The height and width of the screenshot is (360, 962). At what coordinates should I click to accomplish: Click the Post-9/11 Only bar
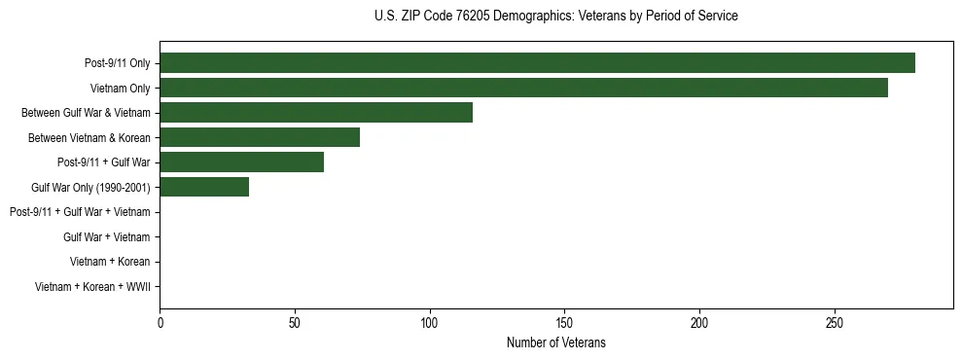pyautogui.click(x=537, y=63)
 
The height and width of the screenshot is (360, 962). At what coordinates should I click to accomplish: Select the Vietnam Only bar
pyautogui.click(x=523, y=88)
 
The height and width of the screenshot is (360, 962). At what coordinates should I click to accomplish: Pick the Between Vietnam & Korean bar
pyautogui.click(x=260, y=137)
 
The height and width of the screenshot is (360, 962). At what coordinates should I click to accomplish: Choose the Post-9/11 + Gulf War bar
pyautogui.click(x=241, y=162)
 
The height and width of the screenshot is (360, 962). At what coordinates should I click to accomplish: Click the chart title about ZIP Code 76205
pyautogui.click(x=555, y=17)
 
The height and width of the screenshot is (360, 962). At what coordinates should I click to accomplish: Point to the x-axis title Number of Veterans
pyautogui.click(x=555, y=342)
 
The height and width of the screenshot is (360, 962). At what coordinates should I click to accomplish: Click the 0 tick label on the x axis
pyautogui.click(x=160, y=322)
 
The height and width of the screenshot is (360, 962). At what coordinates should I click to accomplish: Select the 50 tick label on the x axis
pyautogui.click(x=295, y=322)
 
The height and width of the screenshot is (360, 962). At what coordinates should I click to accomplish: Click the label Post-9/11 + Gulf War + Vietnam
pyautogui.click(x=80, y=212)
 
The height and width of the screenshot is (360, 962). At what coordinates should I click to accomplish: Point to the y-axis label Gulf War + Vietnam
pyautogui.click(x=107, y=237)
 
